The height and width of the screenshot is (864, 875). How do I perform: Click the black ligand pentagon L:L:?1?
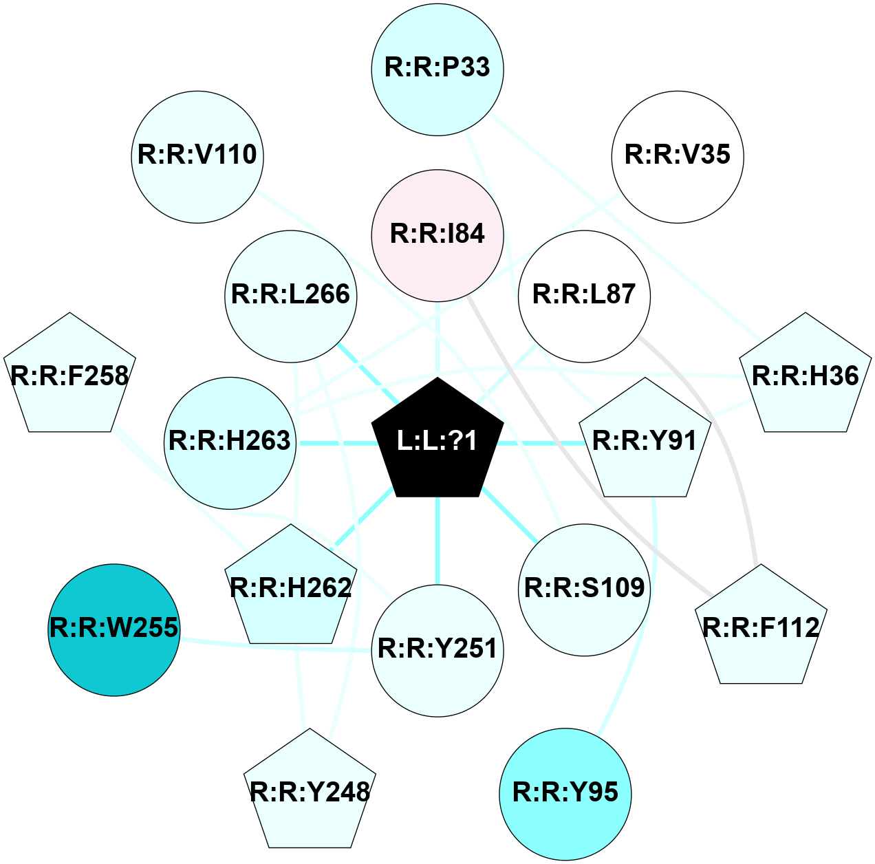(x=437, y=440)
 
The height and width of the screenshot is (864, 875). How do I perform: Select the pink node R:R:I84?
(x=437, y=235)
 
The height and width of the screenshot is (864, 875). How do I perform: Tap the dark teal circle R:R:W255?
(x=114, y=629)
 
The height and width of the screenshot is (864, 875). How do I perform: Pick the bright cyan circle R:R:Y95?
(x=565, y=794)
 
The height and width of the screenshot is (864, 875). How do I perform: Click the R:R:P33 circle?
(x=437, y=69)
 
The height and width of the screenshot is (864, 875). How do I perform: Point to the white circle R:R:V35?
(x=677, y=157)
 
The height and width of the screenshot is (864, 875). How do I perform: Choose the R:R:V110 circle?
(x=197, y=157)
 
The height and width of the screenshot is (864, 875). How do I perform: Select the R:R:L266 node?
(x=291, y=296)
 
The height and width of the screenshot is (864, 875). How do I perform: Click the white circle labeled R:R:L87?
(x=584, y=296)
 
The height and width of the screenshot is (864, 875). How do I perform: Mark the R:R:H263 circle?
(x=230, y=442)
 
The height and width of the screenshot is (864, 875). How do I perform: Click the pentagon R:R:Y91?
(x=645, y=442)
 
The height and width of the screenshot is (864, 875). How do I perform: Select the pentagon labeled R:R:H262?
(x=291, y=588)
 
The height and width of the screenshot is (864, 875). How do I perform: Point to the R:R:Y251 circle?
(x=437, y=650)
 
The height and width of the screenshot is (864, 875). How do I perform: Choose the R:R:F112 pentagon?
(x=761, y=628)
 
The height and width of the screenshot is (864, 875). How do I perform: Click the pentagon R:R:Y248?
(x=310, y=792)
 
